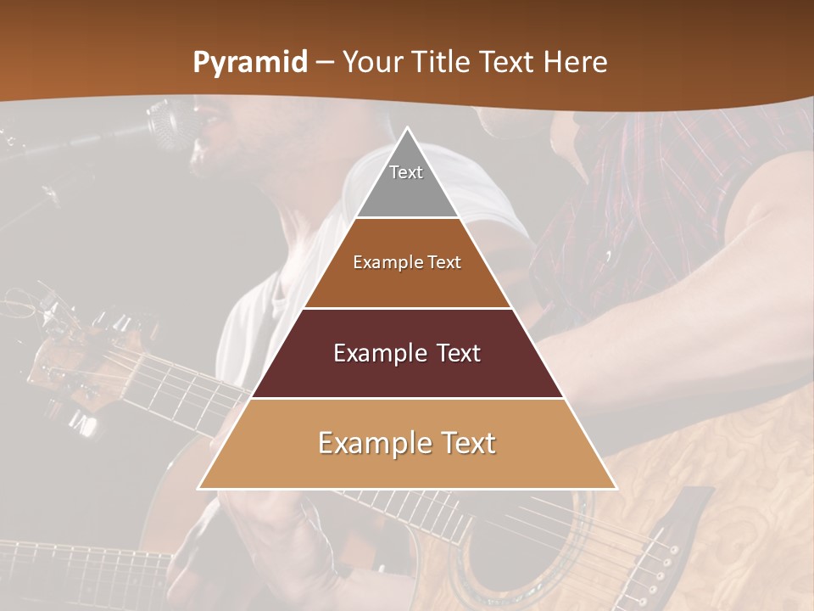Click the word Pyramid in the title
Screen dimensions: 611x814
(x=250, y=63)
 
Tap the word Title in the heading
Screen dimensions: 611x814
(x=444, y=62)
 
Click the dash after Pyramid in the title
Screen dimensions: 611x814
(x=325, y=64)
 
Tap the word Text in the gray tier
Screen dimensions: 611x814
(x=406, y=172)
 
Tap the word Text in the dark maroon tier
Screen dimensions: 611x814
(x=459, y=353)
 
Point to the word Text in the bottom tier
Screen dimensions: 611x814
(x=466, y=443)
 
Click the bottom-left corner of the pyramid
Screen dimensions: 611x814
(x=199, y=488)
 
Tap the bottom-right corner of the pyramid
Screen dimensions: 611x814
(x=616, y=488)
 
